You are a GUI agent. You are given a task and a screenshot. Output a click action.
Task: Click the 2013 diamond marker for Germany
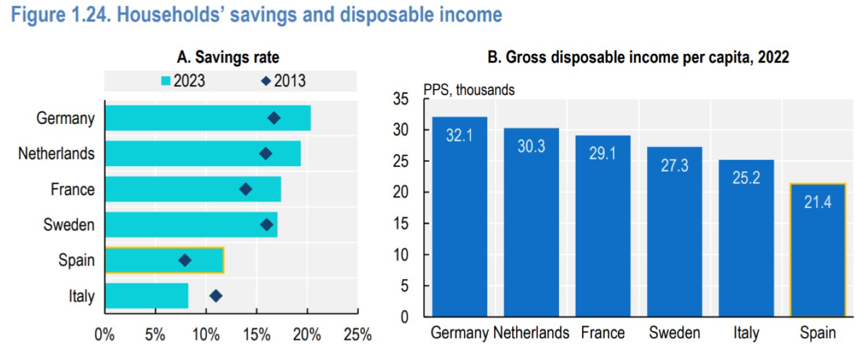pos(274,118)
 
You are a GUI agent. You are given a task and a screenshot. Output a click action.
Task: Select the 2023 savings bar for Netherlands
pos(203,154)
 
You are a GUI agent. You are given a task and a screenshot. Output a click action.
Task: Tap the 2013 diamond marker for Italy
pos(216,296)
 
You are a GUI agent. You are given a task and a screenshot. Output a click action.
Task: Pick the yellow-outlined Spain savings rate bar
pos(164,260)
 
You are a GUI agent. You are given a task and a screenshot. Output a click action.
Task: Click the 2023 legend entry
pos(182,81)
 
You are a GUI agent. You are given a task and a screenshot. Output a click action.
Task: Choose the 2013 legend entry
pos(284,81)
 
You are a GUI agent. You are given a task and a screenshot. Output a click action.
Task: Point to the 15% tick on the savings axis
pos(256,335)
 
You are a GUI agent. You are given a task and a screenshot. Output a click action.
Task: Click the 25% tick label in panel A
pos(358,335)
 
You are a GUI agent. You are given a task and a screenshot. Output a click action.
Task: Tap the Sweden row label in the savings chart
pos(69,225)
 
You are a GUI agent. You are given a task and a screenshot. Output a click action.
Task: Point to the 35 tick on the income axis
pos(408,100)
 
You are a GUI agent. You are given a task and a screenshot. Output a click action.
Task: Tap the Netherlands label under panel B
pos(531,333)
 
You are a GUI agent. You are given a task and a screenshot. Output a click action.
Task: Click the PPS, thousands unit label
pos(469,90)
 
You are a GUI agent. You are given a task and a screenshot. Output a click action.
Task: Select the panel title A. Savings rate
pos(228,57)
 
